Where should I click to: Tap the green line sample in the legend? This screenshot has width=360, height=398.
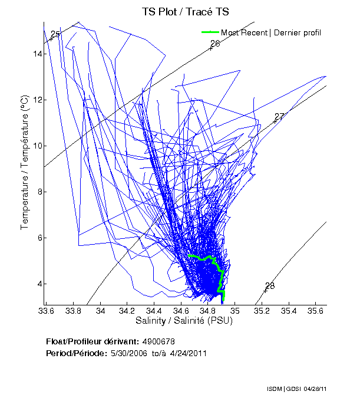(x=210, y=32)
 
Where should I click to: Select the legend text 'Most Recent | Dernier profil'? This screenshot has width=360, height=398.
(x=270, y=32)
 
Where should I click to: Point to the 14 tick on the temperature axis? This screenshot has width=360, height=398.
(x=37, y=54)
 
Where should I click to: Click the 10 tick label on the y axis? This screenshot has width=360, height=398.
(x=37, y=146)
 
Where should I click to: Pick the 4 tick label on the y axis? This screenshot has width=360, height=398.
(x=39, y=284)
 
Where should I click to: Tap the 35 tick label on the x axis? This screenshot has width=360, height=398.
(x=235, y=311)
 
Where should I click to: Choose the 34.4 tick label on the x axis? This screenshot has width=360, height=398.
(x=154, y=311)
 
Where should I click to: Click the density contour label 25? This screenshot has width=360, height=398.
(x=55, y=34)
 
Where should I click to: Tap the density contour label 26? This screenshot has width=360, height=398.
(x=215, y=44)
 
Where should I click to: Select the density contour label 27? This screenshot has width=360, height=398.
(x=279, y=117)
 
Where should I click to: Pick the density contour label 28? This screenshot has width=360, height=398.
(x=270, y=286)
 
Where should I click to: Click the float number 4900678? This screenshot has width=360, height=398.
(x=158, y=341)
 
